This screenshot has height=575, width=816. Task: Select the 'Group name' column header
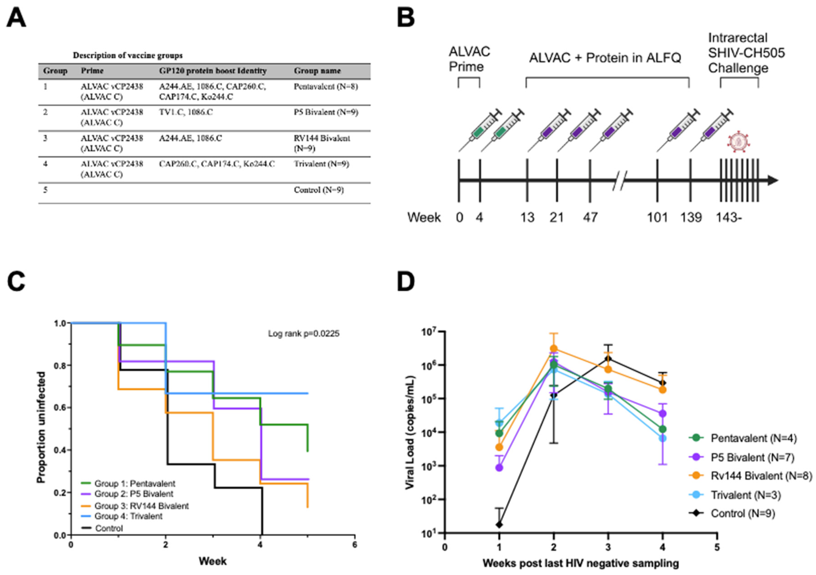[x=317, y=71]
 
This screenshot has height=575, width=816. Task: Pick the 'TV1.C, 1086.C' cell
[x=186, y=112]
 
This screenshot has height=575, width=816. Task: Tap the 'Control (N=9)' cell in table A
[x=318, y=190]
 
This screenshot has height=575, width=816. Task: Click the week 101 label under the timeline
[x=657, y=217]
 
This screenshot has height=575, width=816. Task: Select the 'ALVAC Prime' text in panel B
[x=469, y=59]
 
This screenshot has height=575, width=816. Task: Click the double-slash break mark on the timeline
[x=620, y=180]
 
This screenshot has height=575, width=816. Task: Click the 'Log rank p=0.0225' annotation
[x=303, y=333]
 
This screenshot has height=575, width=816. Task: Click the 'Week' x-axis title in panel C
[x=213, y=561]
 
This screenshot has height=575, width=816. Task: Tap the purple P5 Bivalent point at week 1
[x=499, y=468]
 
